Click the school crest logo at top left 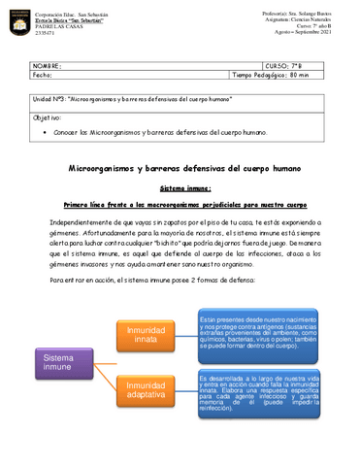[19, 20]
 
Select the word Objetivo [47, 116]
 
